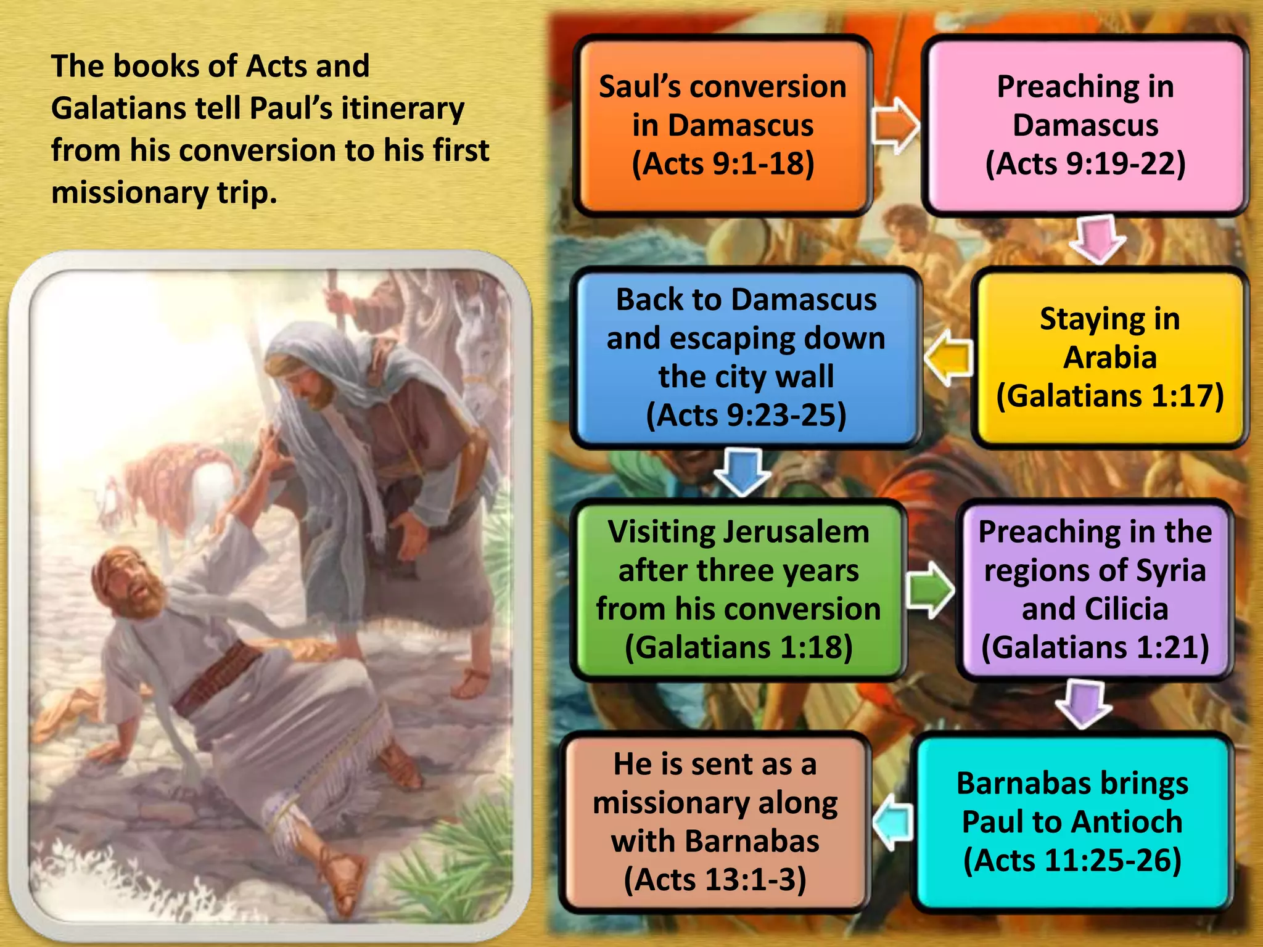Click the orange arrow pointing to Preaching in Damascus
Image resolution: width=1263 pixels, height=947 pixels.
coord(895,126)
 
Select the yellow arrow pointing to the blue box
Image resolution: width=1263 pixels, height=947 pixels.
coord(948,359)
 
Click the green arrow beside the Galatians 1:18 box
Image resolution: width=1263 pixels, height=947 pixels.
coord(930,590)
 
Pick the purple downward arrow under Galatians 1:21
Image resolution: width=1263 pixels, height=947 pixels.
coord(1084,703)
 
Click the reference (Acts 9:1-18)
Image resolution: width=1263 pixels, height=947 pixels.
coord(723,164)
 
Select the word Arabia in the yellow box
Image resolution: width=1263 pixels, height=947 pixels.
coord(1109,358)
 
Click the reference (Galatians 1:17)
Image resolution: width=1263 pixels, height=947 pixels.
coord(1109,396)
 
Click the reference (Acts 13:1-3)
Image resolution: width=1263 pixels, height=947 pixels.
coord(715,879)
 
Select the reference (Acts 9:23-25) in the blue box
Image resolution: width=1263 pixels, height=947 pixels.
coord(746,415)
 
